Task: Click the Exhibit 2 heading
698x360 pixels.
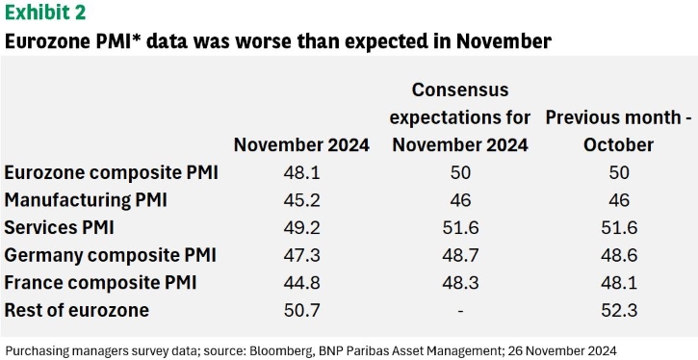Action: [45, 12]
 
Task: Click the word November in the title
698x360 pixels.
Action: [504, 41]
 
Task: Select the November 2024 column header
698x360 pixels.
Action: [301, 145]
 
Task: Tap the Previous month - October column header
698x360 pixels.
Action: [619, 131]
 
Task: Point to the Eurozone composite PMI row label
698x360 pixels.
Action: [112, 172]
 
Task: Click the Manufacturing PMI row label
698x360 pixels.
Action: [86, 200]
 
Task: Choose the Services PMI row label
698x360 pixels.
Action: [59, 227]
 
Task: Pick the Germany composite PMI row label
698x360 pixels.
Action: [111, 255]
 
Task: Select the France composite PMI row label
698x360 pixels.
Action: [100, 283]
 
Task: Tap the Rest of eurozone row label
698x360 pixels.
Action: [77, 310]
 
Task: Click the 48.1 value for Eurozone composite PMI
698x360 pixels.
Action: [301, 172]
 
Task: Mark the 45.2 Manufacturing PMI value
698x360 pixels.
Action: [301, 200]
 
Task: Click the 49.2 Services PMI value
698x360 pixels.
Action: [301, 228]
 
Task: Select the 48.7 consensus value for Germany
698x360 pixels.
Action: [460, 255]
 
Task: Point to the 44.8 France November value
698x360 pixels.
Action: [301, 283]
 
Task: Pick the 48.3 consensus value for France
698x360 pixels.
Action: [460, 283]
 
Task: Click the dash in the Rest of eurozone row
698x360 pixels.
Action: [460, 311]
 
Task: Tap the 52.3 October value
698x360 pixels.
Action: [619, 311]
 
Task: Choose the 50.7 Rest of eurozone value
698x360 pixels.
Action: [301, 311]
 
